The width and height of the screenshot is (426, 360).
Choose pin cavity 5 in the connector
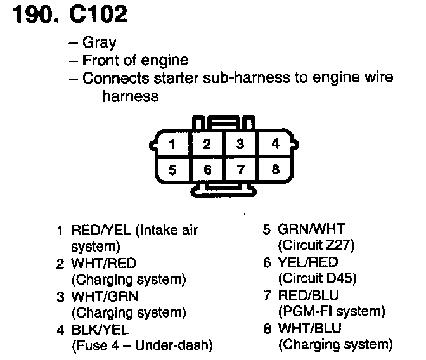pyautogui.click(x=172, y=170)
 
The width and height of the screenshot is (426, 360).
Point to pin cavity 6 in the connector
pyautogui.click(x=207, y=170)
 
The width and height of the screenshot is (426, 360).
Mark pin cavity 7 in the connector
pyautogui.click(x=240, y=170)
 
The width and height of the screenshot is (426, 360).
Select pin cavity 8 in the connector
pyautogui.click(x=275, y=170)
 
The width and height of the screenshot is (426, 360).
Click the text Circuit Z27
pyautogui.click(x=316, y=245)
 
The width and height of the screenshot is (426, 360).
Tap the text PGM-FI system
pyautogui.click(x=331, y=311)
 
